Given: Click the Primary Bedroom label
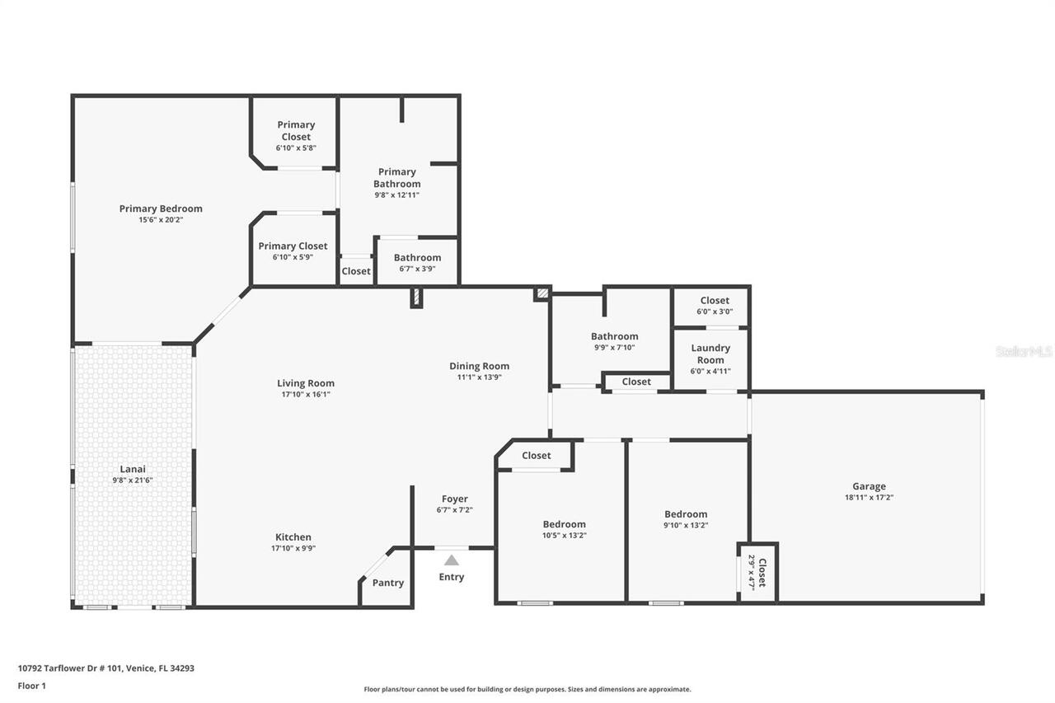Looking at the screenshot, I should click(161, 209).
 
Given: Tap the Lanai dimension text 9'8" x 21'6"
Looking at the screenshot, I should click(133, 480).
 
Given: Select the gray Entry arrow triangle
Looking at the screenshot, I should click(451, 560).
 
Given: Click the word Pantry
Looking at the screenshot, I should click(387, 583).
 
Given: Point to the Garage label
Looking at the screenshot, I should click(869, 486).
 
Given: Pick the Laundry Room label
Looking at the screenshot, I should click(710, 354).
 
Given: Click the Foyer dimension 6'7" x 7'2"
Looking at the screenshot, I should click(454, 510).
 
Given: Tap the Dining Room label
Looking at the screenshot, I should click(479, 366).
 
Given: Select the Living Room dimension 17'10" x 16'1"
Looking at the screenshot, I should click(305, 394).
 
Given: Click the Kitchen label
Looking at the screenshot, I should click(293, 537).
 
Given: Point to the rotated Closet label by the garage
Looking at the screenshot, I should click(762, 572).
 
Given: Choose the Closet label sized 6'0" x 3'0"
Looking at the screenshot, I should click(715, 301).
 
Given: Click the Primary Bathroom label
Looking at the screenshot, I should click(396, 178).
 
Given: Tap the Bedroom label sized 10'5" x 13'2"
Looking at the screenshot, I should click(564, 524).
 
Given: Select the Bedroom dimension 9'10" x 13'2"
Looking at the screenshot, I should click(686, 525).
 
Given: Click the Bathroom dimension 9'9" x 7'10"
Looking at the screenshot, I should click(614, 347).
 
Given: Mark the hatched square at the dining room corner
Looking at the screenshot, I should click(542, 293).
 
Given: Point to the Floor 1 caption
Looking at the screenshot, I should click(32, 685).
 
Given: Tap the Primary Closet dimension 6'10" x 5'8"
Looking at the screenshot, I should click(296, 148).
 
